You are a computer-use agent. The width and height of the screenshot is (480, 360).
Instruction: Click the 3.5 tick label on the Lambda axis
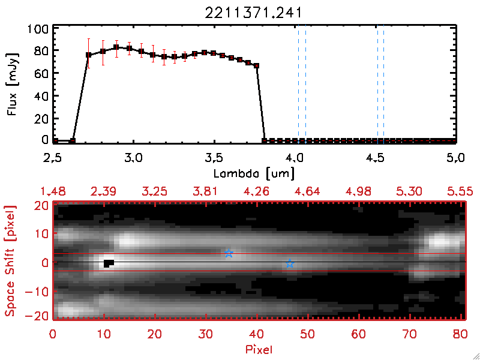[x=214, y=158]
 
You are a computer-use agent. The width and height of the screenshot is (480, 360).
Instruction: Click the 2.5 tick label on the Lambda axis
[x=53, y=158]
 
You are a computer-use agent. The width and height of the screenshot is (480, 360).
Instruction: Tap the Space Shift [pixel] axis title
[x=11, y=260]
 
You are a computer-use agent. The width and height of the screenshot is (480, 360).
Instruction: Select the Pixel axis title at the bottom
[x=260, y=349]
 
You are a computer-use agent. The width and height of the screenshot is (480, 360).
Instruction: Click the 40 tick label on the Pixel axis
[x=257, y=334]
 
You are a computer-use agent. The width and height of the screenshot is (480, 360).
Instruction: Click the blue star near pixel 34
[x=229, y=253]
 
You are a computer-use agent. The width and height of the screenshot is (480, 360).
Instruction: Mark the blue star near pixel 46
[x=290, y=263]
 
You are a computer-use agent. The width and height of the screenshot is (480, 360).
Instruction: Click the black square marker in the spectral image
[x=108, y=263]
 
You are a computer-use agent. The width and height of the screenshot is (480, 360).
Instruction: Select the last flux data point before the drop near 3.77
[x=256, y=65]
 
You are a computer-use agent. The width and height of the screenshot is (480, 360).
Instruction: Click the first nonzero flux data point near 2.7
[x=88, y=55]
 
